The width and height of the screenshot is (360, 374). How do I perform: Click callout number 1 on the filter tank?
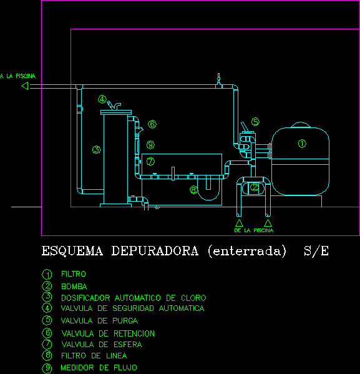click(x=302, y=144)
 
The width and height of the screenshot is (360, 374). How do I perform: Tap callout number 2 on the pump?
click(x=255, y=187)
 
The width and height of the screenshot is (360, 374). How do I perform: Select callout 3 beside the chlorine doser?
click(x=96, y=150)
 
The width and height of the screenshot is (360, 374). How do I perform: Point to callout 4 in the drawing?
click(x=102, y=99)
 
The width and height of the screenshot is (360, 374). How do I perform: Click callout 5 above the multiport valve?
click(x=255, y=122)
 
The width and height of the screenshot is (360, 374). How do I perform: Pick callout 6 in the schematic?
click(x=152, y=124)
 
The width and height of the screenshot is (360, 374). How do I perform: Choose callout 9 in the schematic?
click(x=150, y=145)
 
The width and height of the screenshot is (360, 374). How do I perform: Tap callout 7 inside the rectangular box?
click(x=150, y=162)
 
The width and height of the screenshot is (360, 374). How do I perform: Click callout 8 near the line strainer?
click(x=193, y=190)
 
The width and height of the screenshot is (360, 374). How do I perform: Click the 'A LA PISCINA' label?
click(x=18, y=76)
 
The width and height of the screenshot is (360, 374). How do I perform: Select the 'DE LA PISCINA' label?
click(x=254, y=230)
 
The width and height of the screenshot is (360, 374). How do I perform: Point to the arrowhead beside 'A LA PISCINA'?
click(x=25, y=86)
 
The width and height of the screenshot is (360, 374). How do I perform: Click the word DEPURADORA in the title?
click(x=155, y=251)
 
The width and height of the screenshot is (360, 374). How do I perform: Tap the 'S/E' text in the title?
click(x=316, y=250)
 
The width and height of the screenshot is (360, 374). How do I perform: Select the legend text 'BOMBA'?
click(x=74, y=286)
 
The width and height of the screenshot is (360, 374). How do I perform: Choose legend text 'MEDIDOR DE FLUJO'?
click(x=99, y=368)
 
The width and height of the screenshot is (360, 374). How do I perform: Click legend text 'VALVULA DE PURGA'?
click(x=99, y=320)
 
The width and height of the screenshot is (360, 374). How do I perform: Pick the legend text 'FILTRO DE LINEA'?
click(x=94, y=356)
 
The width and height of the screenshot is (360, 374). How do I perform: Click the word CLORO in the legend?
click(x=193, y=298)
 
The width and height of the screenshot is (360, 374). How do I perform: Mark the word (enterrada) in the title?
click(x=247, y=251)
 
